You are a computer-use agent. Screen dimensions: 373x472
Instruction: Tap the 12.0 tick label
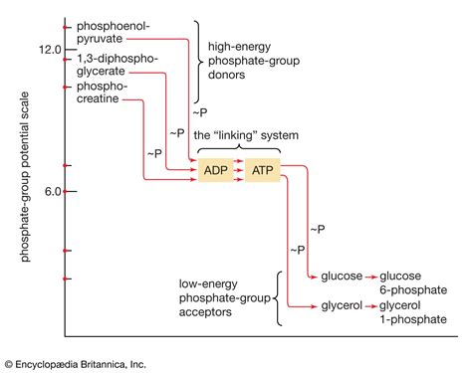click(49, 50)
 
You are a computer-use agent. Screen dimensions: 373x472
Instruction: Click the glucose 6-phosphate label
click(402, 282)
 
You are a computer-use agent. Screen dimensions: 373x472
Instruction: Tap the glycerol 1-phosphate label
click(403, 314)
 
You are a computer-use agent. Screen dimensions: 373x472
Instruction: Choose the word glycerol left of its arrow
click(340, 307)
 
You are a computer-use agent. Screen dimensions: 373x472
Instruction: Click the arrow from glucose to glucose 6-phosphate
click(369, 276)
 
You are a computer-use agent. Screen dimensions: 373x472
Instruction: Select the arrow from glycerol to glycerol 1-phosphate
click(369, 307)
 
